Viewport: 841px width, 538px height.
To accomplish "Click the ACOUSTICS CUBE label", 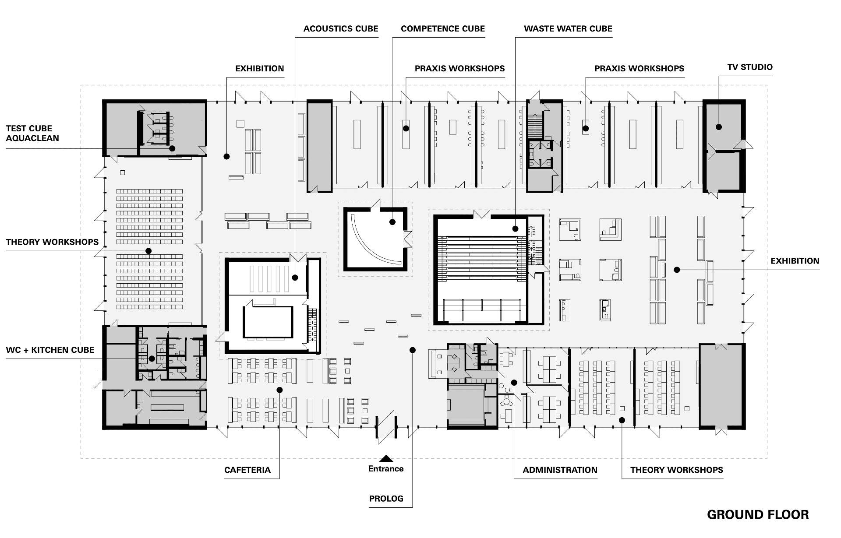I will tap(340, 29).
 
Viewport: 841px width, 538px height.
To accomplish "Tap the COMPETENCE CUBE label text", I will tap(442, 29).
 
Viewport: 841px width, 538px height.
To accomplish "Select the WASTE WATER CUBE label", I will tap(568, 29).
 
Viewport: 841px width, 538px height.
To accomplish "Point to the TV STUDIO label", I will tap(749, 67).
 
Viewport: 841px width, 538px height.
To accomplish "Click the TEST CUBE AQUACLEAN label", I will tap(32, 133).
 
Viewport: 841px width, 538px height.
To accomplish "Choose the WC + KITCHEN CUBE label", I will tap(50, 350).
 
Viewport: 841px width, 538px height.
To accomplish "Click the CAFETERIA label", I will tap(247, 470).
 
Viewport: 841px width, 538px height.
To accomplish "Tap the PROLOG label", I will tap(386, 499).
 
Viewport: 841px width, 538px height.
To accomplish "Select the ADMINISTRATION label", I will tap(560, 470).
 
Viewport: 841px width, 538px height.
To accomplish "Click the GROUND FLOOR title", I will tap(757, 515).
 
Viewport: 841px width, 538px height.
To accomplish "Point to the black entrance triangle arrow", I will tap(386, 459).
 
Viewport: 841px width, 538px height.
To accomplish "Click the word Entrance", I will tap(386, 469).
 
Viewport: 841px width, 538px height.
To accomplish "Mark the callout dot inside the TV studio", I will tap(719, 127).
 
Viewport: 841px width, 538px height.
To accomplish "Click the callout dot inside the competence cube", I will tap(393, 222).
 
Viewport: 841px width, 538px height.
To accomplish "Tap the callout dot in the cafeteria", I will tap(279, 390).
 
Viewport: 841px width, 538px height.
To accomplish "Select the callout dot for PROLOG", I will tap(412, 350).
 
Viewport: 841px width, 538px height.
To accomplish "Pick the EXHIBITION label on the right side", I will tap(795, 261).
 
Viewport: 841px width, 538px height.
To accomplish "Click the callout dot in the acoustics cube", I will tap(295, 278).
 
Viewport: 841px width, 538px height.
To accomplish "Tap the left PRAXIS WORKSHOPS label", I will tap(459, 69).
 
